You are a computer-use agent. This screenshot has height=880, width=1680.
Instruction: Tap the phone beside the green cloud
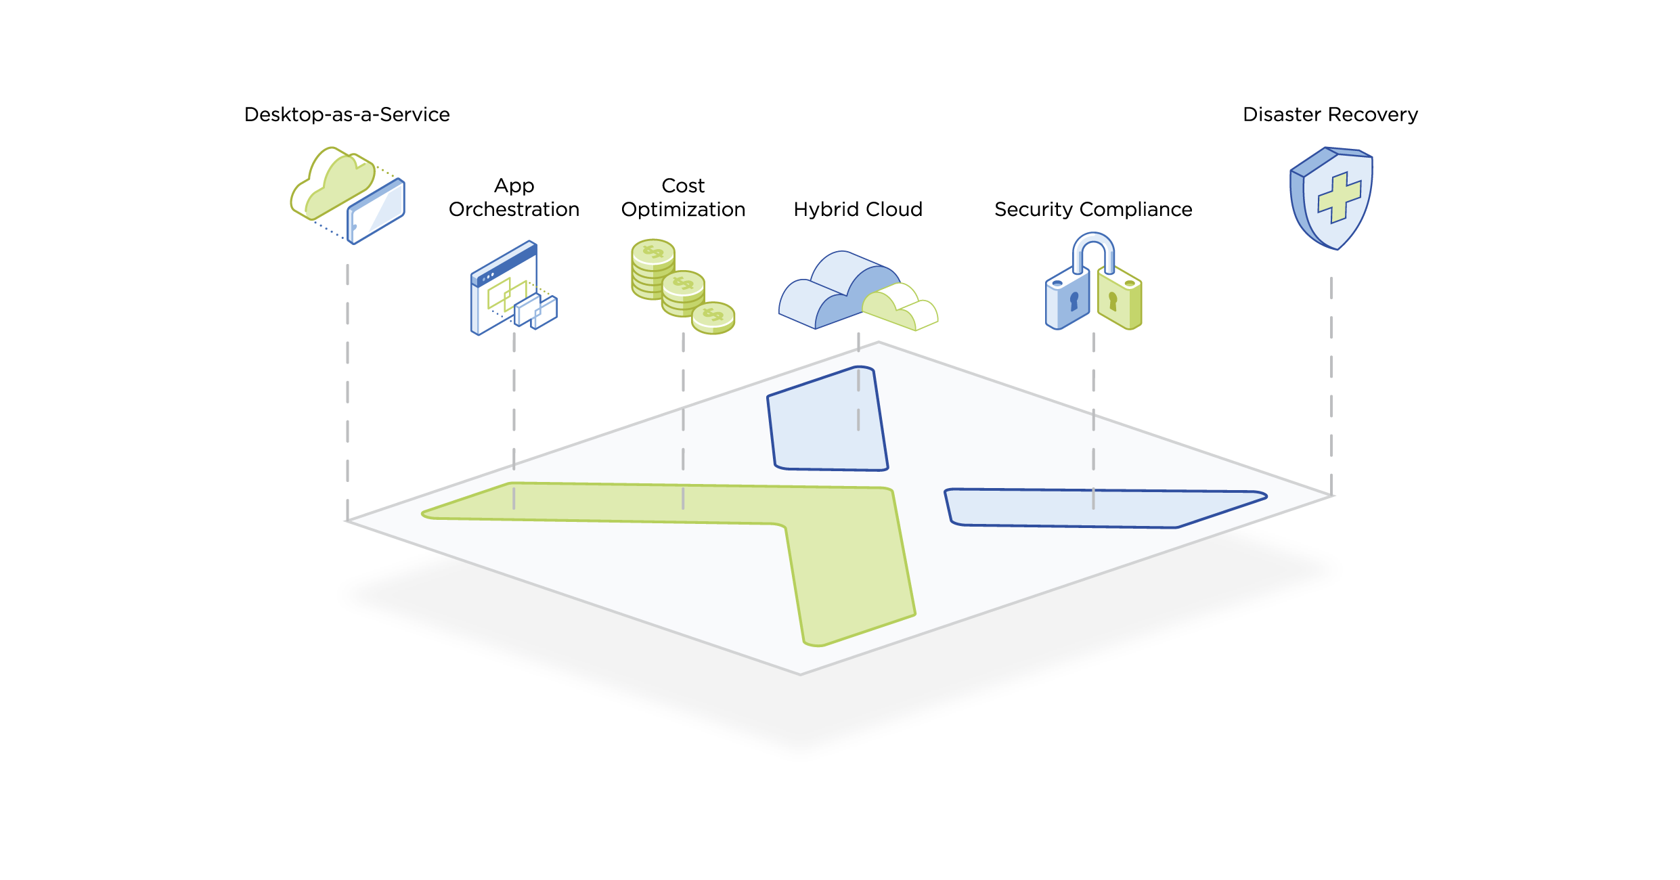(x=376, y=211)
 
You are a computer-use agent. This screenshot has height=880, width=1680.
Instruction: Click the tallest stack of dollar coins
(x=653, y=269)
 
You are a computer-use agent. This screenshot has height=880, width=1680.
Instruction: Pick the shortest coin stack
(x=713, y=318)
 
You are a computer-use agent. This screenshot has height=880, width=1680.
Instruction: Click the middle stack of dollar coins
(x=682, y=294)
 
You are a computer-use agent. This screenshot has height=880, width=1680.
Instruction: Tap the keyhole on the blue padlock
(x=1074, y=300)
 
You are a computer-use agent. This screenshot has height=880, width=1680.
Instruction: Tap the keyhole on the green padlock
(x=1113, y=301)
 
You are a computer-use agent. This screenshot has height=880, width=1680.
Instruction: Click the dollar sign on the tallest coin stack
(x=653, y=252)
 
